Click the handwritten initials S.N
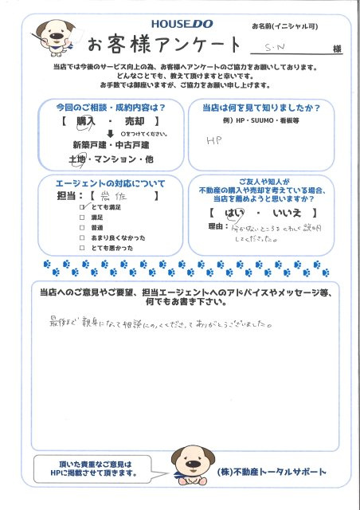pos(276,49)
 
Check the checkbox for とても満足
pos(82,206)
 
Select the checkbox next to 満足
pos(81,216)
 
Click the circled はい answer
pos(237,214)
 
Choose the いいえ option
pos(287,214)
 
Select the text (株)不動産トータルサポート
pos(271,472)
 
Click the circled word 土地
pos(79,160)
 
